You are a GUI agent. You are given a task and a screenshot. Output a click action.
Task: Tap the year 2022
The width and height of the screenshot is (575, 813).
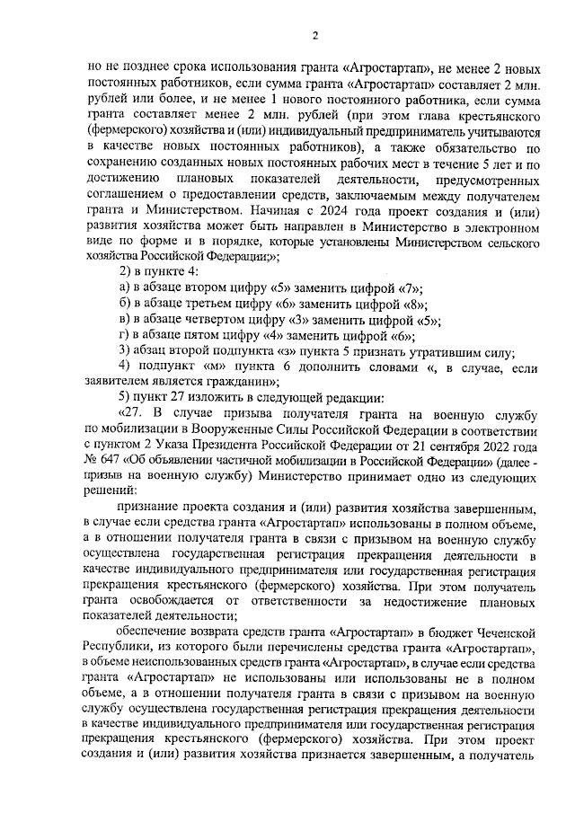(x=502, y=444)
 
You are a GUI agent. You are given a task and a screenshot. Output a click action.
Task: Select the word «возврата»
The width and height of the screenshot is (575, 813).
(x=223, y=632)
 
